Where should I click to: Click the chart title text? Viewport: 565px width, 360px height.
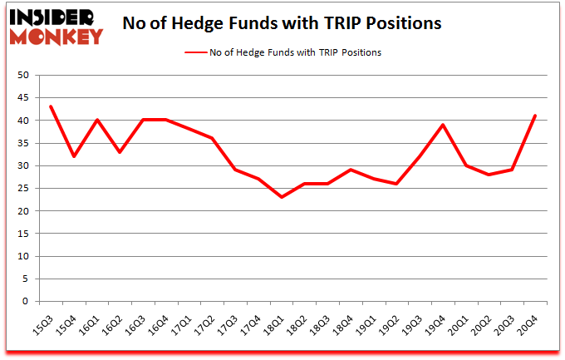pos(282,24)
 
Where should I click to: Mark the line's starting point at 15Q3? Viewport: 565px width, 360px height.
pos(51,106)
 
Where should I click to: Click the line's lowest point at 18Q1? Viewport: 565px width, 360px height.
pos(282,197)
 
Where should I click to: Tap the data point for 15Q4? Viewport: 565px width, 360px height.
pos(74,156)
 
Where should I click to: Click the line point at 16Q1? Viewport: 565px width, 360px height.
pos(97,120)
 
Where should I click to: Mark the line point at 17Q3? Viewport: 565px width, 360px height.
pos(236,170)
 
